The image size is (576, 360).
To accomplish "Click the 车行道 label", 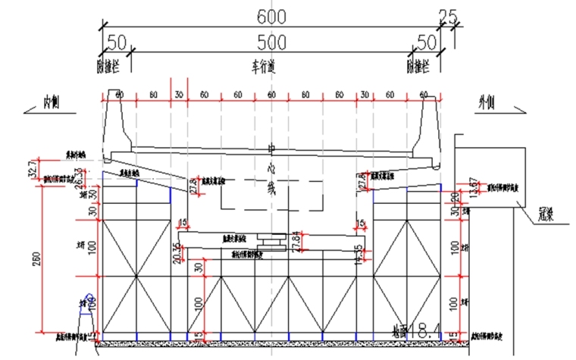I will pyautogui.click(x=261, y=67).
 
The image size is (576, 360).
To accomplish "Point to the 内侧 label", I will pyautogui.click(x=51, y=101).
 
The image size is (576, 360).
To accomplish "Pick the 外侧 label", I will pyautogui.click(x=486, y=101).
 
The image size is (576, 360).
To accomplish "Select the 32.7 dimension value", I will pyautogui.click(x=32, y=167).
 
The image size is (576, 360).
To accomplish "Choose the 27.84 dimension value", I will pyautogui.click(x=296, y=240).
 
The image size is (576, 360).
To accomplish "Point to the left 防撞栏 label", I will pyautogui.click(x=108, y=67).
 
